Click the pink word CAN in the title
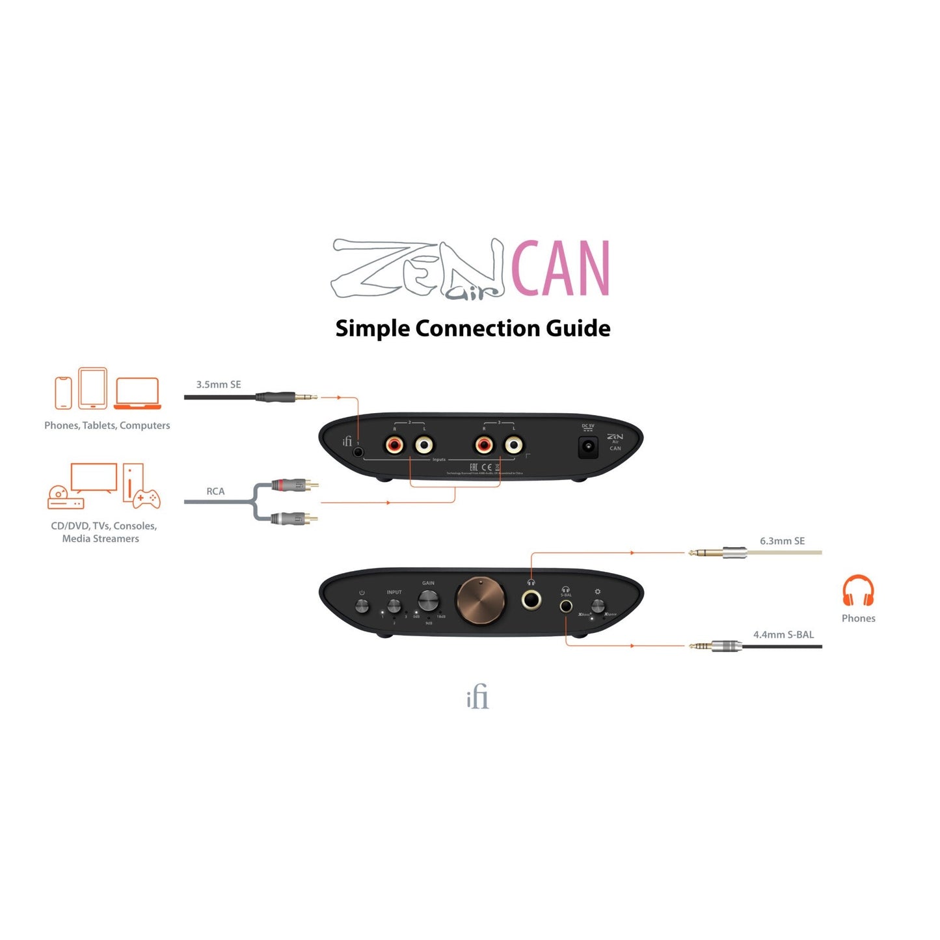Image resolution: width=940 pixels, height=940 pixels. coord(560,268)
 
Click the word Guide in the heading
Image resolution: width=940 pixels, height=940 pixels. coord(578,329)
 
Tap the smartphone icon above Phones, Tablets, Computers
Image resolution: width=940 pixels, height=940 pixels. coord(63,393)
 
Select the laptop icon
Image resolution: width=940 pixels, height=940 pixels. coord(137,394)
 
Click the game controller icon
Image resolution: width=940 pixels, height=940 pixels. coord(146,499)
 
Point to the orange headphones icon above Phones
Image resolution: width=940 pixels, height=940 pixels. coord(858,591)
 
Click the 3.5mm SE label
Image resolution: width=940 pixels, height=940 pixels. coord(219,384)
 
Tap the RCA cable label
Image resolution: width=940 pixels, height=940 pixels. coord(215,491)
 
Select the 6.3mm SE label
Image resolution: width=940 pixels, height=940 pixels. coord(782,541)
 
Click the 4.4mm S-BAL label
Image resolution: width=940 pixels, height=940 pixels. coord(783,634)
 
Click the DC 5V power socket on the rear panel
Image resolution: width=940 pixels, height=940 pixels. coord(588,447)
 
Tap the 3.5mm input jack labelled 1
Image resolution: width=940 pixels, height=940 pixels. coord(358,451)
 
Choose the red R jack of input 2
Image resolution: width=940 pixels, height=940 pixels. coord(394,446)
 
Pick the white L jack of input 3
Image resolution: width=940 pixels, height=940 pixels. coord(513,446)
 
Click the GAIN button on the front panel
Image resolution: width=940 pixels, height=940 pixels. coord(427,600)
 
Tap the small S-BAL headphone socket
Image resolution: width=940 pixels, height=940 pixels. coord(566,606)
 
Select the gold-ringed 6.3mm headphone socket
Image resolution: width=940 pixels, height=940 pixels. coord(531,599)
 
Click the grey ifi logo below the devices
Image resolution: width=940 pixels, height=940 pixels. coord(477,697)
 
